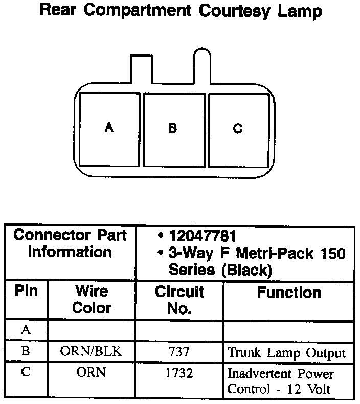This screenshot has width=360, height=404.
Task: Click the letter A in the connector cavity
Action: [x=109, y=127]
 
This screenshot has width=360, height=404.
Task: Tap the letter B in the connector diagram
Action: [x=172, y=128]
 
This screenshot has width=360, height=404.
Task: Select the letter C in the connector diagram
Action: [x=238, y=129]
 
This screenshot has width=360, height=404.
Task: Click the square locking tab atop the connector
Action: [x=142, y=69]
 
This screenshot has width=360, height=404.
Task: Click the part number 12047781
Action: [x=201, y=237]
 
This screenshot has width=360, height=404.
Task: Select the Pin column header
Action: [x=26, y=292]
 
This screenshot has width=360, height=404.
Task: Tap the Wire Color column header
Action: [x=92, y=300]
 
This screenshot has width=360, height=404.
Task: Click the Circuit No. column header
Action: [x=179, y=300]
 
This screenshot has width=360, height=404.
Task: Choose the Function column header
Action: [x=289, y=293]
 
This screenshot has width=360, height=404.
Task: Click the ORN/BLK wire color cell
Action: [x=92, y=352]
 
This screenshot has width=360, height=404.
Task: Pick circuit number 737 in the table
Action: [x=179, y=352]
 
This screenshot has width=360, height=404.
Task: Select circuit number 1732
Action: [x=179, y=373]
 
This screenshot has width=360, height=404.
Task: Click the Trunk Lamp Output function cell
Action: [x=286, y=353]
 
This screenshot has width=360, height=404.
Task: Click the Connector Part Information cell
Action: [x=70, y=244]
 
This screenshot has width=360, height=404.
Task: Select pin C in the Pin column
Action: [x=26, y=372]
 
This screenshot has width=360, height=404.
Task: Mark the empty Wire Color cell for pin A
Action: [x=92, y=330]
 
